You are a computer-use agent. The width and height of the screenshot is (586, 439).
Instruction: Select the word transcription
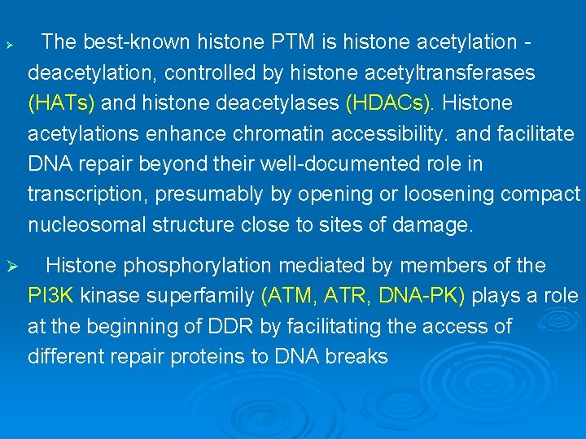[79, 194]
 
